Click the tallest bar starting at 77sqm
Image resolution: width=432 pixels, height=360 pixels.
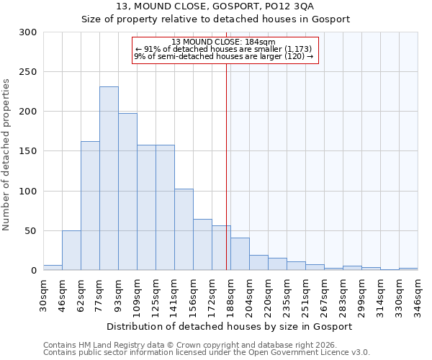109,179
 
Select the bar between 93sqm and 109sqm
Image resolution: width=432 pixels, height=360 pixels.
127,192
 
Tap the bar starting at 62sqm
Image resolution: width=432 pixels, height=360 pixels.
90,205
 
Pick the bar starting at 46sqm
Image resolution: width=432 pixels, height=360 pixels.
71,250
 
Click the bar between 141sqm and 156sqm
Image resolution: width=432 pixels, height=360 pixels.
184,229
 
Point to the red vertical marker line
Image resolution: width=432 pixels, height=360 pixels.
227,166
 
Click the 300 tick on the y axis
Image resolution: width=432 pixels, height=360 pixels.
28,32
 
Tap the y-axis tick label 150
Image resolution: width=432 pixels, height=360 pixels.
28,151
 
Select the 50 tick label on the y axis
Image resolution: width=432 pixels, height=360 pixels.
31,231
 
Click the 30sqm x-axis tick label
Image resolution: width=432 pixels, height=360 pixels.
48,292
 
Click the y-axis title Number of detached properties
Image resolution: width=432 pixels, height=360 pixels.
6,151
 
